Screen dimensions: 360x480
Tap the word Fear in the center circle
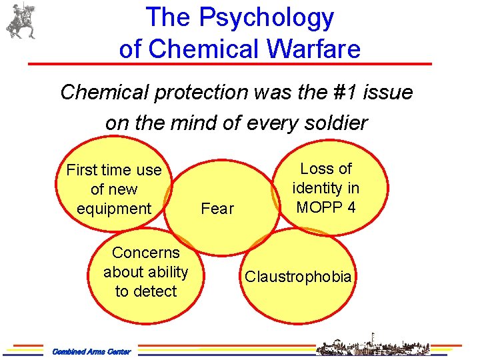[x=217, y=209]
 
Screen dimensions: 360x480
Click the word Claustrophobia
[x=298, y=277]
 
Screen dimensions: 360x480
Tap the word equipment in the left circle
[x=114, y=209]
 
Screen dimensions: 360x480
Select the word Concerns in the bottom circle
[x=146, y=253]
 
